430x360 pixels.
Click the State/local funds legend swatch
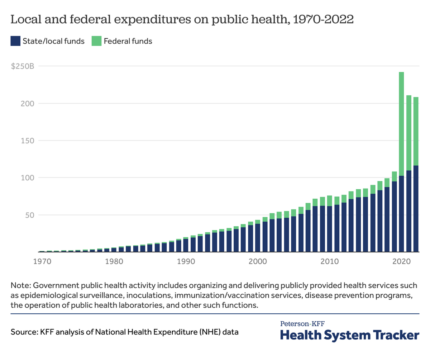15,41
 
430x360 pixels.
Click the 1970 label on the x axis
42,261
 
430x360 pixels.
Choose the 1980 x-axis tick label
114,261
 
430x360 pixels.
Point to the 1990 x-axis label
186,261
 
